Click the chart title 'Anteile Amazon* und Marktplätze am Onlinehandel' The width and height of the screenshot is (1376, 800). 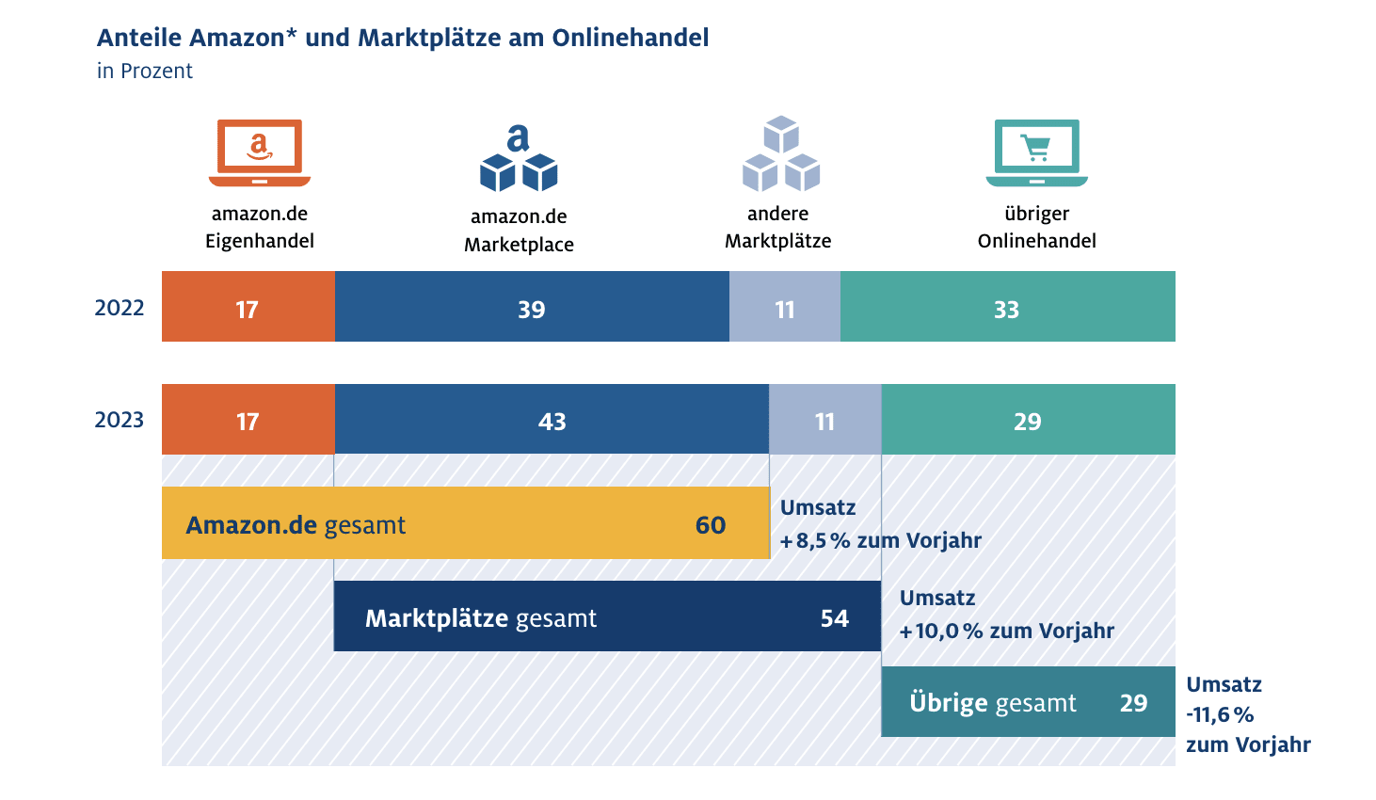pos(403,39)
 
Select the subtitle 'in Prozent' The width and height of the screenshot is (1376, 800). pos(145,72)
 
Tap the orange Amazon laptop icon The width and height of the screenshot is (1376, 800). pos(260,152)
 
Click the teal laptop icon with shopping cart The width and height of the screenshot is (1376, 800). pos(1036,152)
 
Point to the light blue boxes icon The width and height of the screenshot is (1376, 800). pos(780,154)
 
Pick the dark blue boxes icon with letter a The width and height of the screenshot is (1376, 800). pos(519,158)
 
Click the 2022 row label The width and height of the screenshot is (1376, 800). pos(120,308)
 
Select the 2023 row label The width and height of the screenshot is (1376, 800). pos(120,420)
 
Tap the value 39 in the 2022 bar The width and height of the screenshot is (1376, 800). pos(532,310)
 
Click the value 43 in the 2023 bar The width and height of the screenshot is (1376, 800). pos(552,422)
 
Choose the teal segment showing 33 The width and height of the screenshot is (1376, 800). pos(1007,307)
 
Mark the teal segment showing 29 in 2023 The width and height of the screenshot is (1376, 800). pos(1028,420)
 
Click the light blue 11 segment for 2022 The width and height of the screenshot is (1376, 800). pos(785,307)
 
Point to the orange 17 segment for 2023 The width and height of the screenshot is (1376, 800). pos(248,420)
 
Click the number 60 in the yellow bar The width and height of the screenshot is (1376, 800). pos(711,525)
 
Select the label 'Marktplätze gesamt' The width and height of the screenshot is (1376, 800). pos(481,618)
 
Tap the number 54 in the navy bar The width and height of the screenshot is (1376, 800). pos(835,618)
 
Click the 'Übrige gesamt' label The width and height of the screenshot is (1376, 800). pos(993,703)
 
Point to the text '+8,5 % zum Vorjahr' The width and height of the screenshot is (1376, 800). pos(881,541)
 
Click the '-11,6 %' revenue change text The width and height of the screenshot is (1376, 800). pos(1220,715)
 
